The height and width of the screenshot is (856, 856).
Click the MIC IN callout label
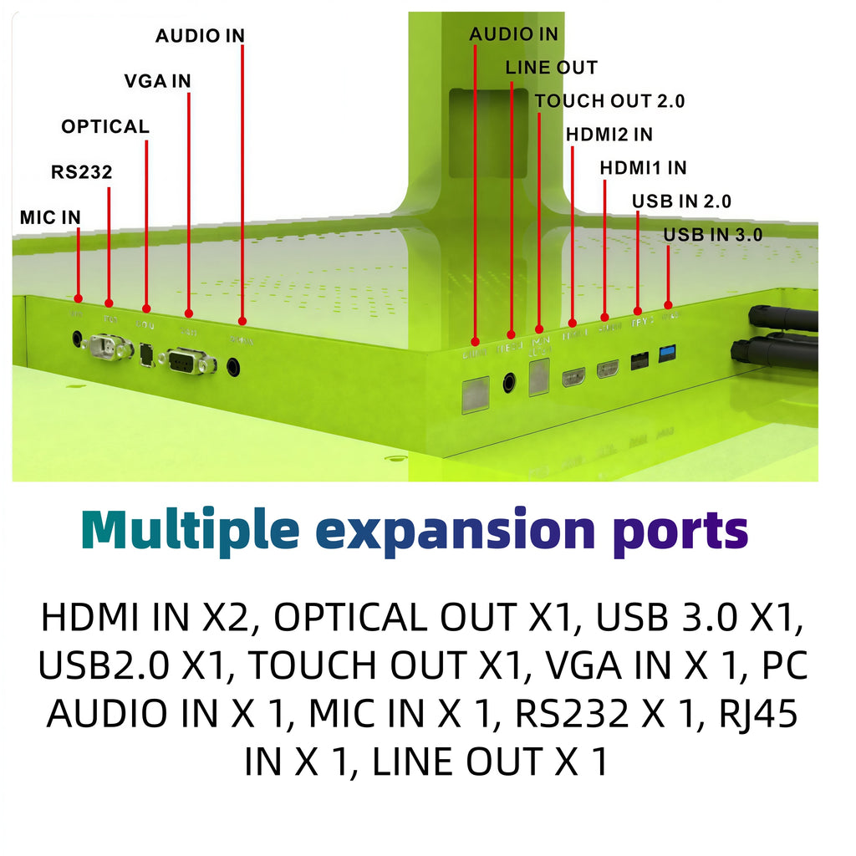(x=50, y=217)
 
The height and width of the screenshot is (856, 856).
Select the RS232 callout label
(x=81, y=173)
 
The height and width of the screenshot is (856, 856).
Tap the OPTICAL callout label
(x=105, y=127)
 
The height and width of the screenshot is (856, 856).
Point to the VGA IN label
(x=157, y=81)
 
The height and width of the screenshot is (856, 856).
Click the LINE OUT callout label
(x=551, y=68)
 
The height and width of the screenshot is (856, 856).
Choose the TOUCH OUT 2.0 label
(x=609, y=101)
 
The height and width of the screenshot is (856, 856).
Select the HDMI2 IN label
(x=609, y=134)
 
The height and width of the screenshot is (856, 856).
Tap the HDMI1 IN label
(x=643, y=168)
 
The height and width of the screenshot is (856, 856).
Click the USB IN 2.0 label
(x=681, y=201)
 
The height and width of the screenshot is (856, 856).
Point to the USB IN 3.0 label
(x=712, y=235)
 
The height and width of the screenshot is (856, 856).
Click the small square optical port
(x=147, y=354)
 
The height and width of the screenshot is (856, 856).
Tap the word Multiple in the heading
(x=191, y=530)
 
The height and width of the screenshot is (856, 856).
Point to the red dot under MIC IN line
(x=78, y=298)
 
